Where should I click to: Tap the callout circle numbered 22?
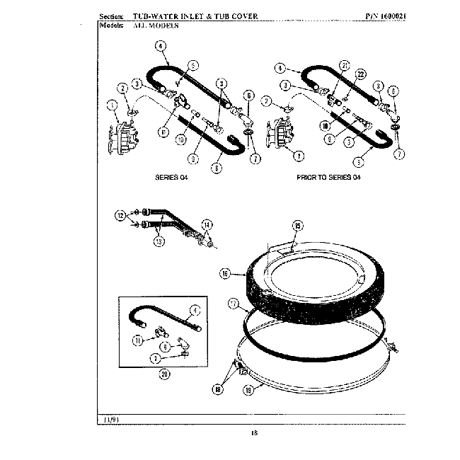click(361, 75)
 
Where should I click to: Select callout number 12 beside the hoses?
click(121, 214)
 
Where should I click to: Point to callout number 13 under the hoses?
click(158, 241)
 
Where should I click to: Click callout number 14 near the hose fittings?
click(207, 224)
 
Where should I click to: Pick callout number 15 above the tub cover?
click(298, 226)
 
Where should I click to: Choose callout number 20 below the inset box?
click(164, 374)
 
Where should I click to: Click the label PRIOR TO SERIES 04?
click(328, 177)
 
